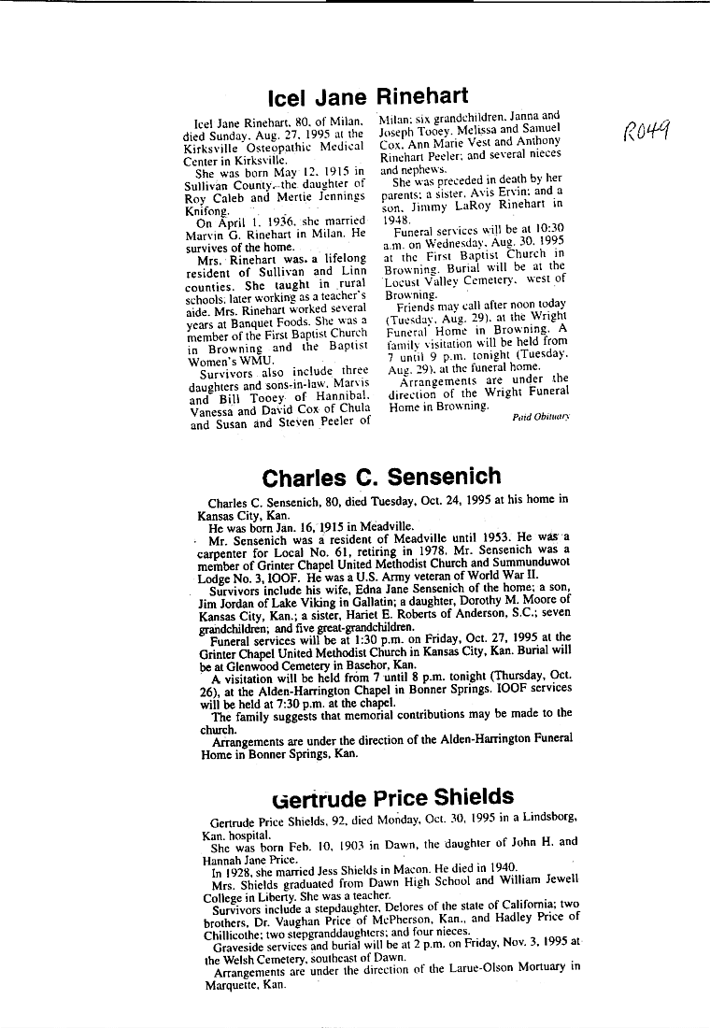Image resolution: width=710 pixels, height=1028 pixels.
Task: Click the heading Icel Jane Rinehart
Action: (367, 97)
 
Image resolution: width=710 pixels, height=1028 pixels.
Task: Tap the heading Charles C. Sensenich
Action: (381, 478)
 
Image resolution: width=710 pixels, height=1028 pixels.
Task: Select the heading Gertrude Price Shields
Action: (393, 797)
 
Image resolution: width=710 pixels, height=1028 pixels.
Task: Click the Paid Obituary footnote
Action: (542, 417)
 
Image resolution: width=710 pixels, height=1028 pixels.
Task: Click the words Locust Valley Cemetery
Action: (450, 279)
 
